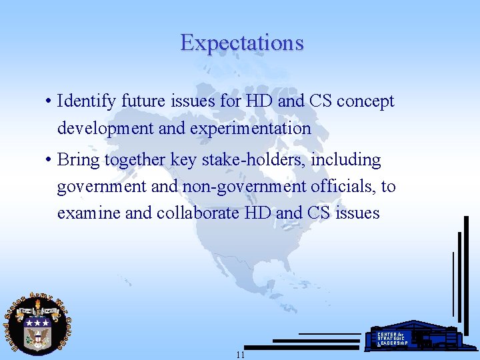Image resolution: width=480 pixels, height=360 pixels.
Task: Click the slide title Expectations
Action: pos(241,43)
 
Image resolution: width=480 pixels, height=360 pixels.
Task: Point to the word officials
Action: pos(343,187)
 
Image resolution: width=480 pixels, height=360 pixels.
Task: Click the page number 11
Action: pos(240,355)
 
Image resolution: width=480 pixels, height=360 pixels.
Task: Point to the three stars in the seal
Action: pos(37,321)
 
